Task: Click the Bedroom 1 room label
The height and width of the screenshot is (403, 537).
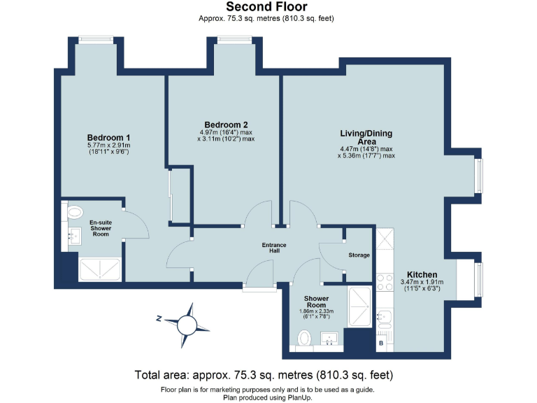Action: pos(108,138)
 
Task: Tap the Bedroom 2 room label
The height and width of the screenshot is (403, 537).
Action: pos(226,125)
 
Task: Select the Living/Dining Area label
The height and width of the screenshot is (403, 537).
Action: pos(366,137)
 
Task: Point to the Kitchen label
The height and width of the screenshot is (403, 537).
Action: pos(422,274)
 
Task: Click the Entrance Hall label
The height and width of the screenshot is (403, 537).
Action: pos(274,248)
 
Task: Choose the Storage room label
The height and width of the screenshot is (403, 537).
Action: pos(359,255)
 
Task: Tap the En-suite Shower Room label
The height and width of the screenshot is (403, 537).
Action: pos(101,228)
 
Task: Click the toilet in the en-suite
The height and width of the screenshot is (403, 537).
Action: pos(75,212)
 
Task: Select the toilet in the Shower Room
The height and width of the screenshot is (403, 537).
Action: pos(303,338)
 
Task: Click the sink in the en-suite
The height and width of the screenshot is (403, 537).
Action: pos(74,236)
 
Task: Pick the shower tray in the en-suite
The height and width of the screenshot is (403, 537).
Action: pos(100,269)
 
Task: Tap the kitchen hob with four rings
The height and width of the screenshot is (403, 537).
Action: pos(385,283)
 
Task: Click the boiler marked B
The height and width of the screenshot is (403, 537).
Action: pos(381,343)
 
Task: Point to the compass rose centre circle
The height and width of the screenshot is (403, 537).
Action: pos(187,325)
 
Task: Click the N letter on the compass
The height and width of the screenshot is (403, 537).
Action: pos(159,319)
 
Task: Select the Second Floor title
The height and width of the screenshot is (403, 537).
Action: pos(266,6)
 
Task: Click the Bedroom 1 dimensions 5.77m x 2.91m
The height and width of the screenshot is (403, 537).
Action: pos(108,146)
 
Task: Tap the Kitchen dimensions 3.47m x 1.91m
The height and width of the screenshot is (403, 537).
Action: pos(422,282)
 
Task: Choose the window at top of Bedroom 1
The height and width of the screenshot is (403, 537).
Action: pos(96,40)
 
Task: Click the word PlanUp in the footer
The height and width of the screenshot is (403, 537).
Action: pos(300,398)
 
